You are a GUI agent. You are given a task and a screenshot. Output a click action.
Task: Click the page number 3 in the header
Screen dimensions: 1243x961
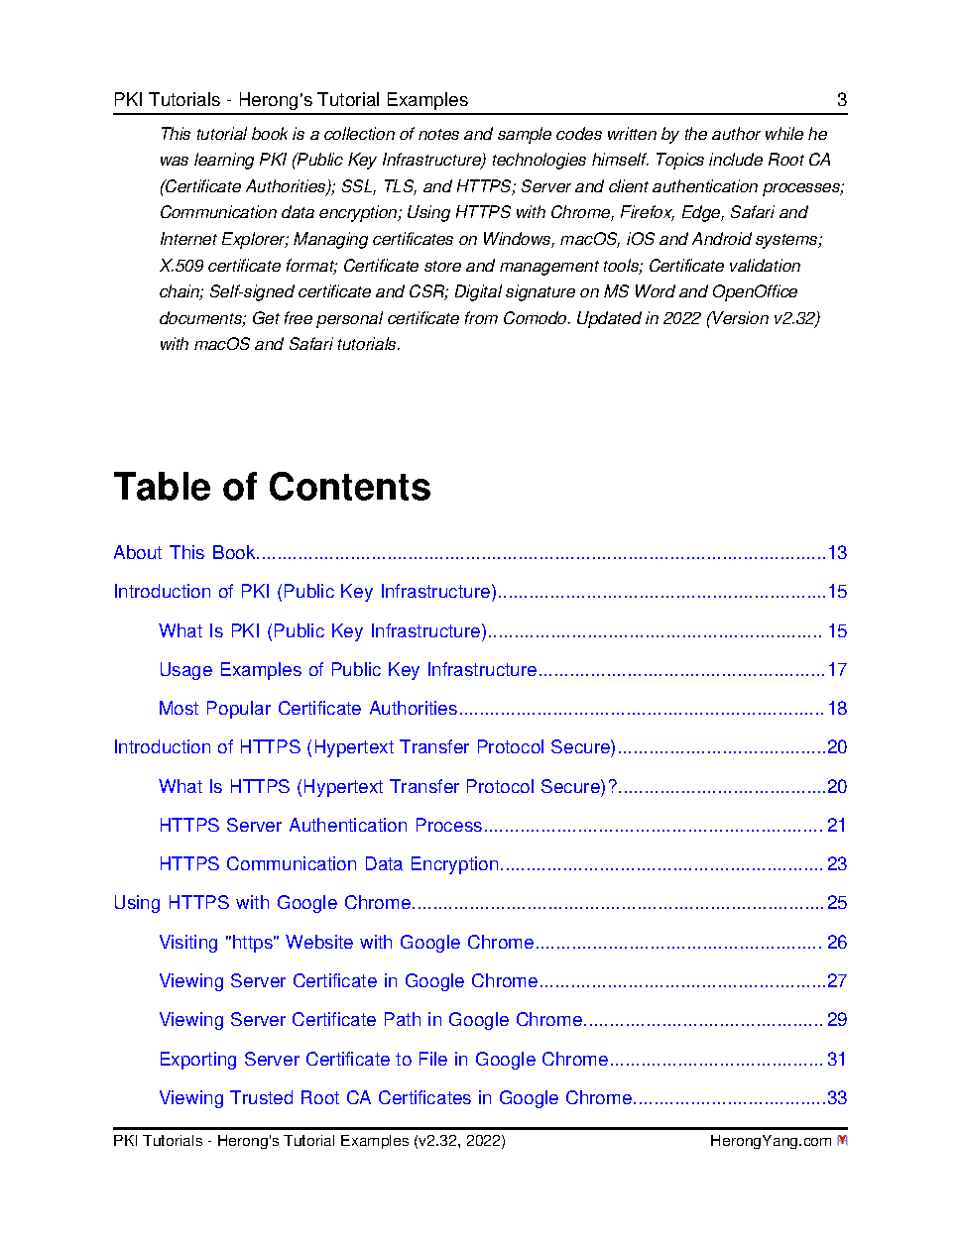tap(842, 99)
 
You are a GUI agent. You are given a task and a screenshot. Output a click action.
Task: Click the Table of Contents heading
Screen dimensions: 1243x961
tap(272, 487)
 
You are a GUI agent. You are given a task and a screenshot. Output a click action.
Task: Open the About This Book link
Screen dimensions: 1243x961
tap(184, 553)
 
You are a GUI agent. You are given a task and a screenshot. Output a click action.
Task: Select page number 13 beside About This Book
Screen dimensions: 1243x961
tap(837, 553)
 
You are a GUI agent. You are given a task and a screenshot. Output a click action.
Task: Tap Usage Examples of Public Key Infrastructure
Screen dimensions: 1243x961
tap(347, 670)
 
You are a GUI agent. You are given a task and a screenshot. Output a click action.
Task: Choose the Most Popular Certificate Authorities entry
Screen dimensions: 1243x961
tap(307, 709)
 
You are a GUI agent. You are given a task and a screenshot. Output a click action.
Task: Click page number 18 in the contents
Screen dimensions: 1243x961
tap(837, 709)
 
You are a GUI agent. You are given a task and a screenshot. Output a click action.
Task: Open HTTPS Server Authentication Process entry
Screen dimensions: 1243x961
tap(320, 826)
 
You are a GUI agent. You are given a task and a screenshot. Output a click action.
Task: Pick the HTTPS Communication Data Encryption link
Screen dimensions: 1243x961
tap(328, 864)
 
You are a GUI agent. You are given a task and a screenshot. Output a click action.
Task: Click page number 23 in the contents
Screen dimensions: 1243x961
tap(837, 864)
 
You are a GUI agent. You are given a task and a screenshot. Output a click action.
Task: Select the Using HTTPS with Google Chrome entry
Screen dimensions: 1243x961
tap(262, 903)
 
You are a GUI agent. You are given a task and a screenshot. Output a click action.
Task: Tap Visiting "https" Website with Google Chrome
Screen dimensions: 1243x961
tap(346, 943)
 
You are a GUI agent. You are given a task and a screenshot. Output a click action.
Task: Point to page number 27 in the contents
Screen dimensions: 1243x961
tap(837, 981)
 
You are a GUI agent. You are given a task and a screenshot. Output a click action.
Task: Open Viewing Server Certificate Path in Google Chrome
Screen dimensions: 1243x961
tap(370, 1020)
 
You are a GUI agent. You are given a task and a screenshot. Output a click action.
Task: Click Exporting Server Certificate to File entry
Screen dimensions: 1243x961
tap(383, 1060)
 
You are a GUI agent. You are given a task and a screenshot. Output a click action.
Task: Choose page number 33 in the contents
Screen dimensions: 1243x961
tap(837, 1098)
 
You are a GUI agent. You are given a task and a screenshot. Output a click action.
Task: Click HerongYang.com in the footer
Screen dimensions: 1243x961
tap(770, 1141)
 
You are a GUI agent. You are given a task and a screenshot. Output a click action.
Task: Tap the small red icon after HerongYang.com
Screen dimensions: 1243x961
tap(842, 1141)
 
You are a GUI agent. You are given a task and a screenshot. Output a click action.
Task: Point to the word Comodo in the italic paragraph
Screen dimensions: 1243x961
tap(534, 318)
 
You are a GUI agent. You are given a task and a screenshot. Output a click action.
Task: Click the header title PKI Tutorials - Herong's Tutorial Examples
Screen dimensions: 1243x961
tap(291, 100)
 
